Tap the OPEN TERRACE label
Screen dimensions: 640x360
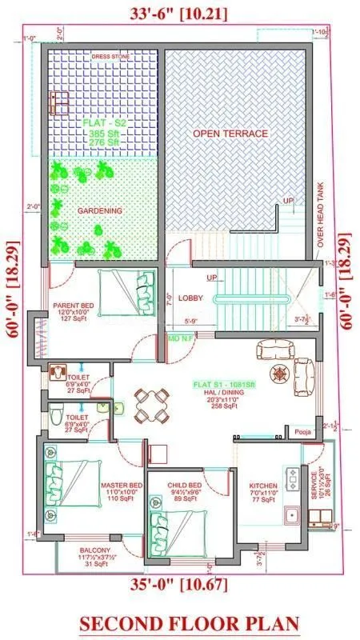[230, 134]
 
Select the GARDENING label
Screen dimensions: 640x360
[100, 210]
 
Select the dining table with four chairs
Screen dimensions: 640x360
[149, 406]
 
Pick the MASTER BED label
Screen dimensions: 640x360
[122, 485]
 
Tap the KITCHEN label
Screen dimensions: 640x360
[263, 485]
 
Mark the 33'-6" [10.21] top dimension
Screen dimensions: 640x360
[176, 14]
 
